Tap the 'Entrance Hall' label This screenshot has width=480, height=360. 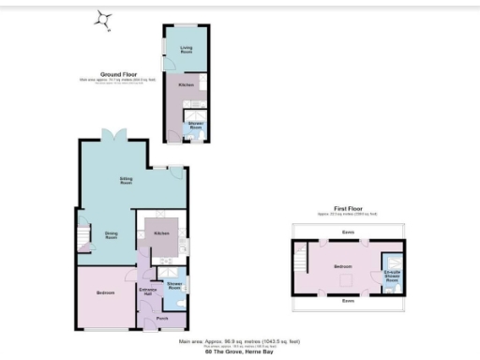[x=148, y=292]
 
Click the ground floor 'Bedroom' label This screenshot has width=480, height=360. [x=106, y=293]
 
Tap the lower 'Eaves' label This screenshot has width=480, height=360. [x=347, y=301]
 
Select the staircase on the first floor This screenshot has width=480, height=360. [x=300, y=260]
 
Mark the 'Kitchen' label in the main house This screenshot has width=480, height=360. [x=161, y=232]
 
